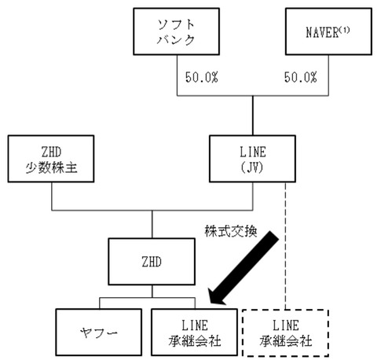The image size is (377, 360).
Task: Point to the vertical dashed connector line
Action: point(285,236)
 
